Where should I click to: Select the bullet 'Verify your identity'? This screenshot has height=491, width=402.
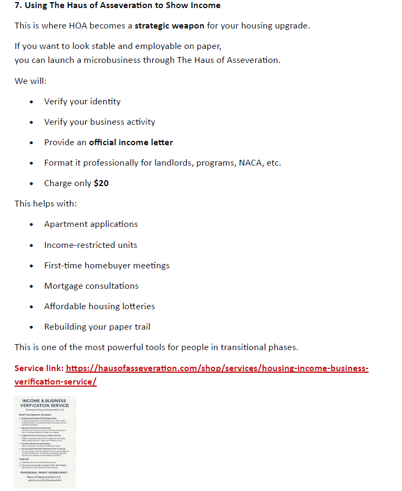[x=82, y=101]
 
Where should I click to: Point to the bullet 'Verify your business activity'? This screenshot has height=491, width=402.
[x=100, y=122]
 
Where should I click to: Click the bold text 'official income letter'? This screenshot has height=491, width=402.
[x=131, y=143]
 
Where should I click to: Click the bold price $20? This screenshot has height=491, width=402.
[x=101, y=183]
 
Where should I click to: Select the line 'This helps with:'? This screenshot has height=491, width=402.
[x=46, y=204]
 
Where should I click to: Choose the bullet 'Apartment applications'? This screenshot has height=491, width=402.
[x=91, y=224]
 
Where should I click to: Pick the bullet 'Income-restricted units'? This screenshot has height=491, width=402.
[x=90, y=245]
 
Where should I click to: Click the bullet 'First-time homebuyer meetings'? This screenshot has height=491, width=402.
[x=107, y=265]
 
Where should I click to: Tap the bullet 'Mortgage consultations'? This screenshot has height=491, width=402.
[x=91, y=286]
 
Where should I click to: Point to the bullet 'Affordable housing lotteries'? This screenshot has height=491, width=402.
[x=100, y=306]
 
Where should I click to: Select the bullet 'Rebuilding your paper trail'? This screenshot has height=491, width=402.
[x=97, y=326]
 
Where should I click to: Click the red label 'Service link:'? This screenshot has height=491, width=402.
[x=39, y=368]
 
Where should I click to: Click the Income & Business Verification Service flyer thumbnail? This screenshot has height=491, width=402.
[x=45, y=442]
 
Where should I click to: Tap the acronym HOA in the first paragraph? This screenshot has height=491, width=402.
[x=78, y=26]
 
